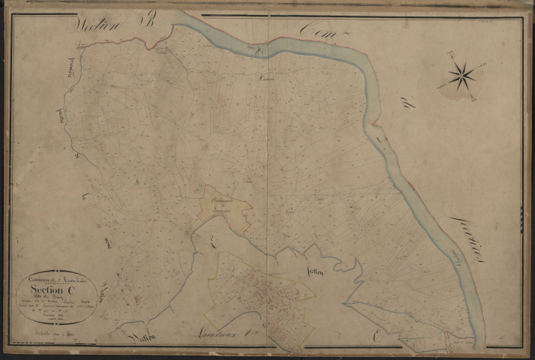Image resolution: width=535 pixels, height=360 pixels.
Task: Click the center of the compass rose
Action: click(461, 73)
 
